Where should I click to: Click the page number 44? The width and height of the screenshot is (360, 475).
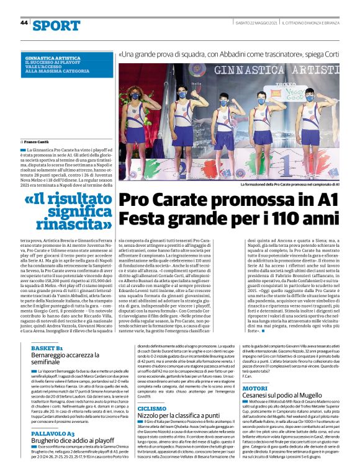point(24,22)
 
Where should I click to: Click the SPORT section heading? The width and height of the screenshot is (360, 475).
point(56,25)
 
